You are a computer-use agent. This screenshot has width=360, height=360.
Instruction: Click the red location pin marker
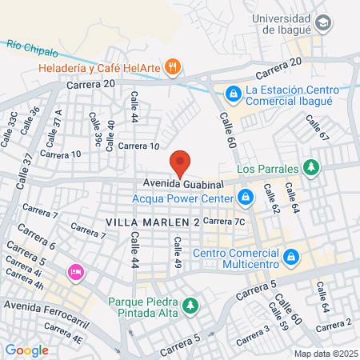pyautogui.click(x=181, y=163)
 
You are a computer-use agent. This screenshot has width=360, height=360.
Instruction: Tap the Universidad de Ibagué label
pyautogui.click(x=281, y=18)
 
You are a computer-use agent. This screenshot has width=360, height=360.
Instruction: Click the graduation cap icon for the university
pyautogui.click(x=322, y=23)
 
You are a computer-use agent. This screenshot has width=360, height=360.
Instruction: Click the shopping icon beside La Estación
pyautogui.click(x=232, y=94)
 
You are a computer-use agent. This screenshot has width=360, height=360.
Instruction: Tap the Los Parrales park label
pyautogui.click(x=267, y=168)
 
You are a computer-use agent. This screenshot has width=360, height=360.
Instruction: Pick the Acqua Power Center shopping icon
pyautogui.click(x=246, y=196)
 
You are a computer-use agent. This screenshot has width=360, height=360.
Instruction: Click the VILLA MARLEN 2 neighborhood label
pyautogui.click(x=151, y=220)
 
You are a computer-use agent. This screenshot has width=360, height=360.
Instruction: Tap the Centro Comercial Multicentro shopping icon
pyautogui.click(x=291, y=257)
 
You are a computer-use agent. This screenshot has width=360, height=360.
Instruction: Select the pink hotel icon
pyautogui.click(x=76, y=272)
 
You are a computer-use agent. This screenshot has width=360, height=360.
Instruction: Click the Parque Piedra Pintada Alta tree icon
pyautogui.click(x=190, y=305)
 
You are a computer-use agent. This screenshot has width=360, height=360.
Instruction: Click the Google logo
pyautogui.click(x=26, y=349)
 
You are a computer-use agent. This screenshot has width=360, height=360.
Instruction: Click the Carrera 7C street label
pyautogui.click(x=224, y=221)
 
